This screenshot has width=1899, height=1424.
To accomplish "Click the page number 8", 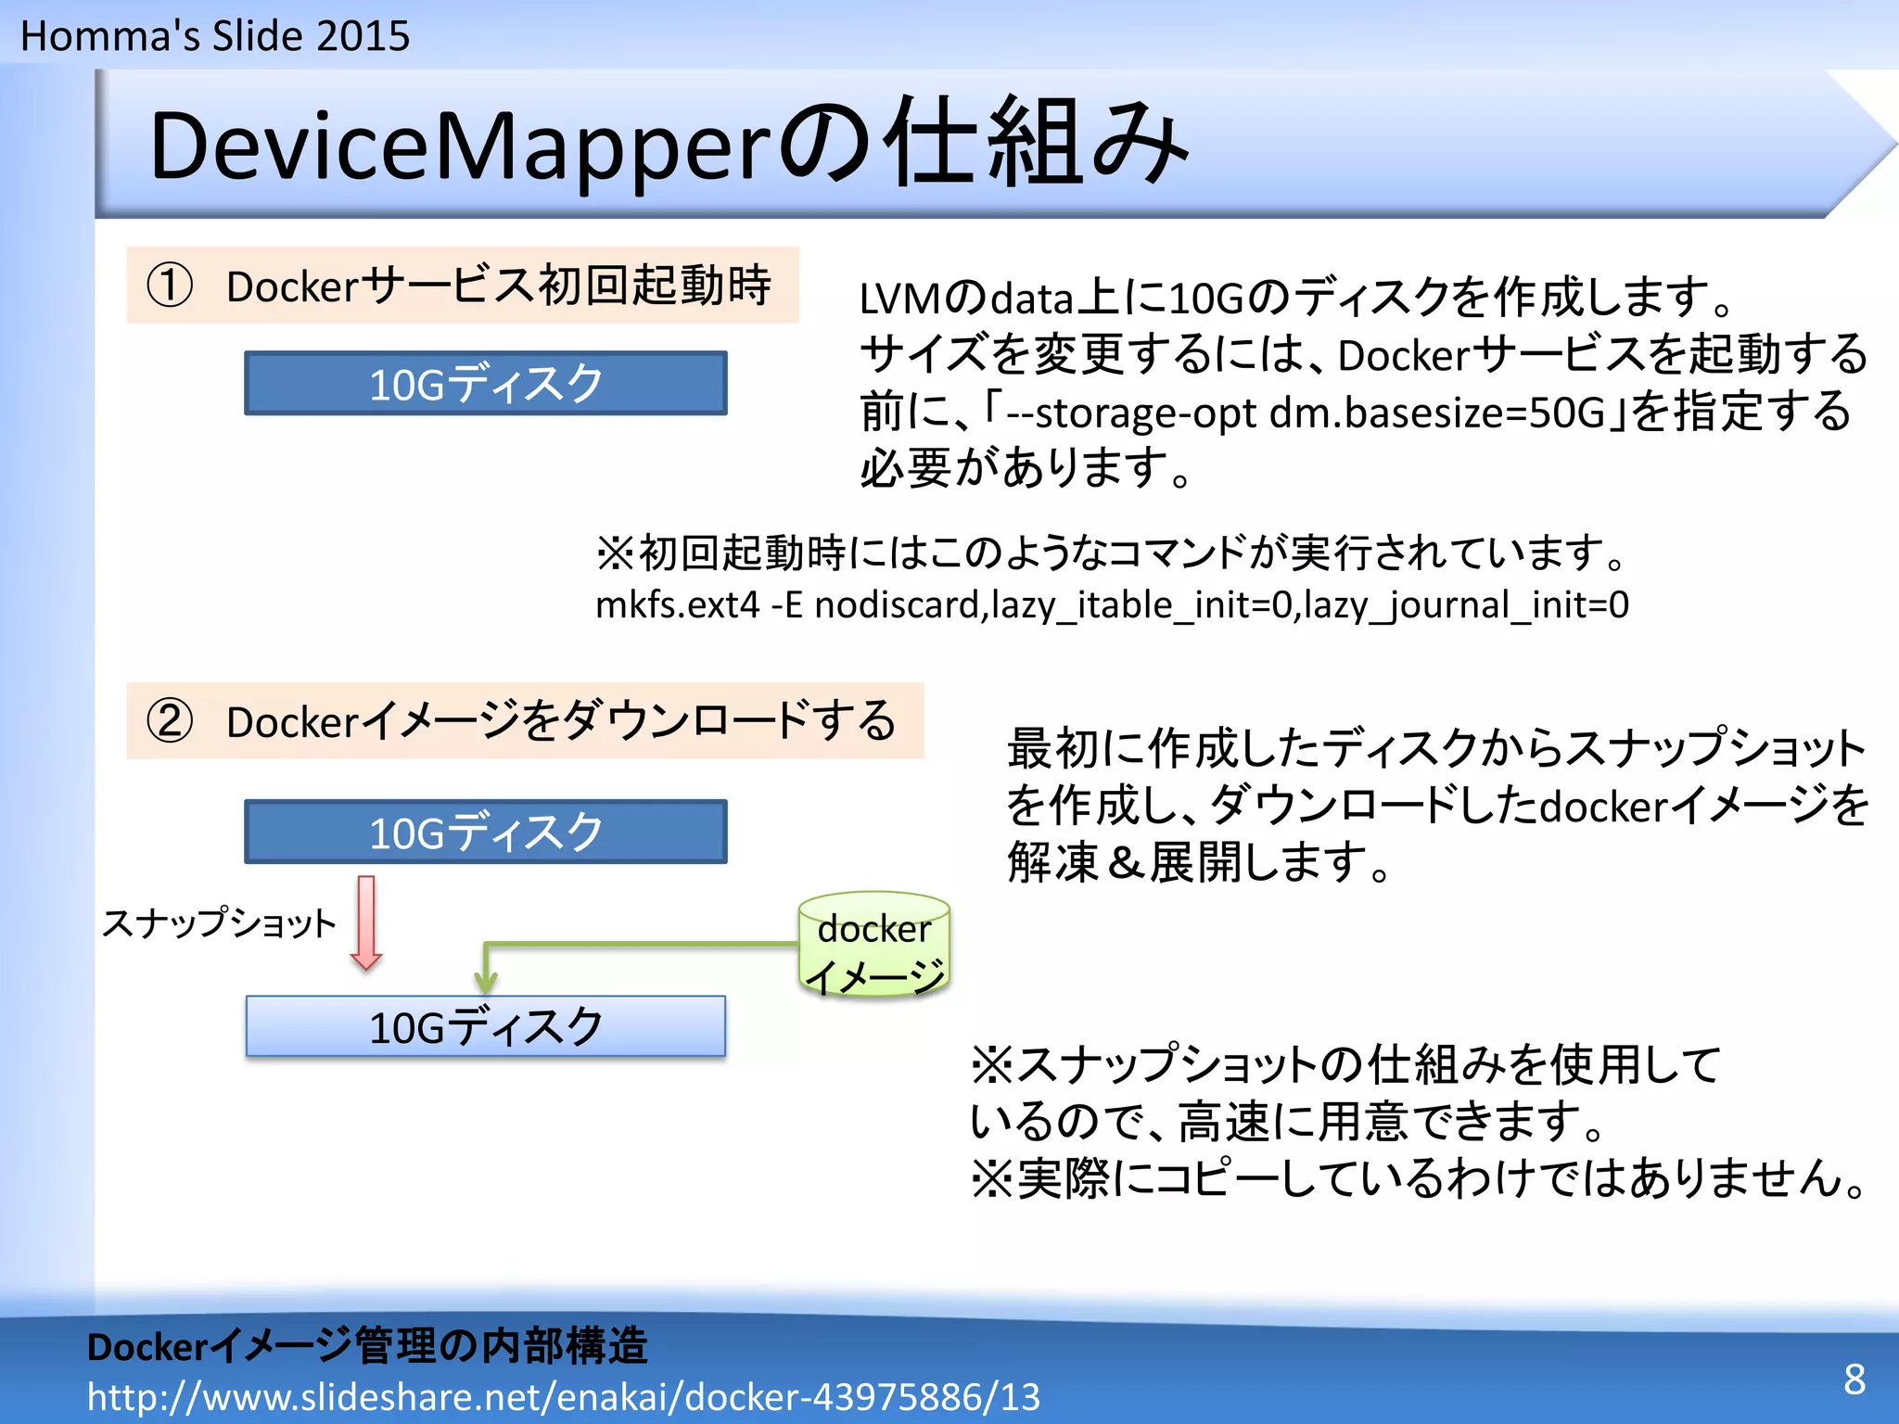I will (x=1854, y=1379).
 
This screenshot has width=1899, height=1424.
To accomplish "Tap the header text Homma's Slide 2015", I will (x=215, y=36).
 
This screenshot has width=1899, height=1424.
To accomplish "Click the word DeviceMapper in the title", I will (x=460, y=146).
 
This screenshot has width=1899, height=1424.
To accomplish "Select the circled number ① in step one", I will (x=170, y=286).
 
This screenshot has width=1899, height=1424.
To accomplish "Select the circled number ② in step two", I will (x=170, y=721).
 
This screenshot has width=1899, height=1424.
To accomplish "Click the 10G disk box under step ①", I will (x=485, y=383).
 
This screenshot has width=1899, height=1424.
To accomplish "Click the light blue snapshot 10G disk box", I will (x=485, y=1026).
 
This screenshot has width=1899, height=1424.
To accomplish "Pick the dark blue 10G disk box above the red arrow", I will (x=485, y=832).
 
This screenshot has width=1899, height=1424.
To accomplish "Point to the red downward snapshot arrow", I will (x=366, y=922).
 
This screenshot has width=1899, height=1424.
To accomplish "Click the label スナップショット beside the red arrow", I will (x=219, y=923).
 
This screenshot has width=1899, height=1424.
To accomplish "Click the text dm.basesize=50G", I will (x=1436, y=413).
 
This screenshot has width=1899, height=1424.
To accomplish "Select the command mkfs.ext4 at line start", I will (x=677, y=605).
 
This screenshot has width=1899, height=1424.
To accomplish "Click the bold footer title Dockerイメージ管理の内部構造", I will (x=367, y=1346).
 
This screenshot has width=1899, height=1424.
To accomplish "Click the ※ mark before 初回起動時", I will (x=615, y=553).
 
